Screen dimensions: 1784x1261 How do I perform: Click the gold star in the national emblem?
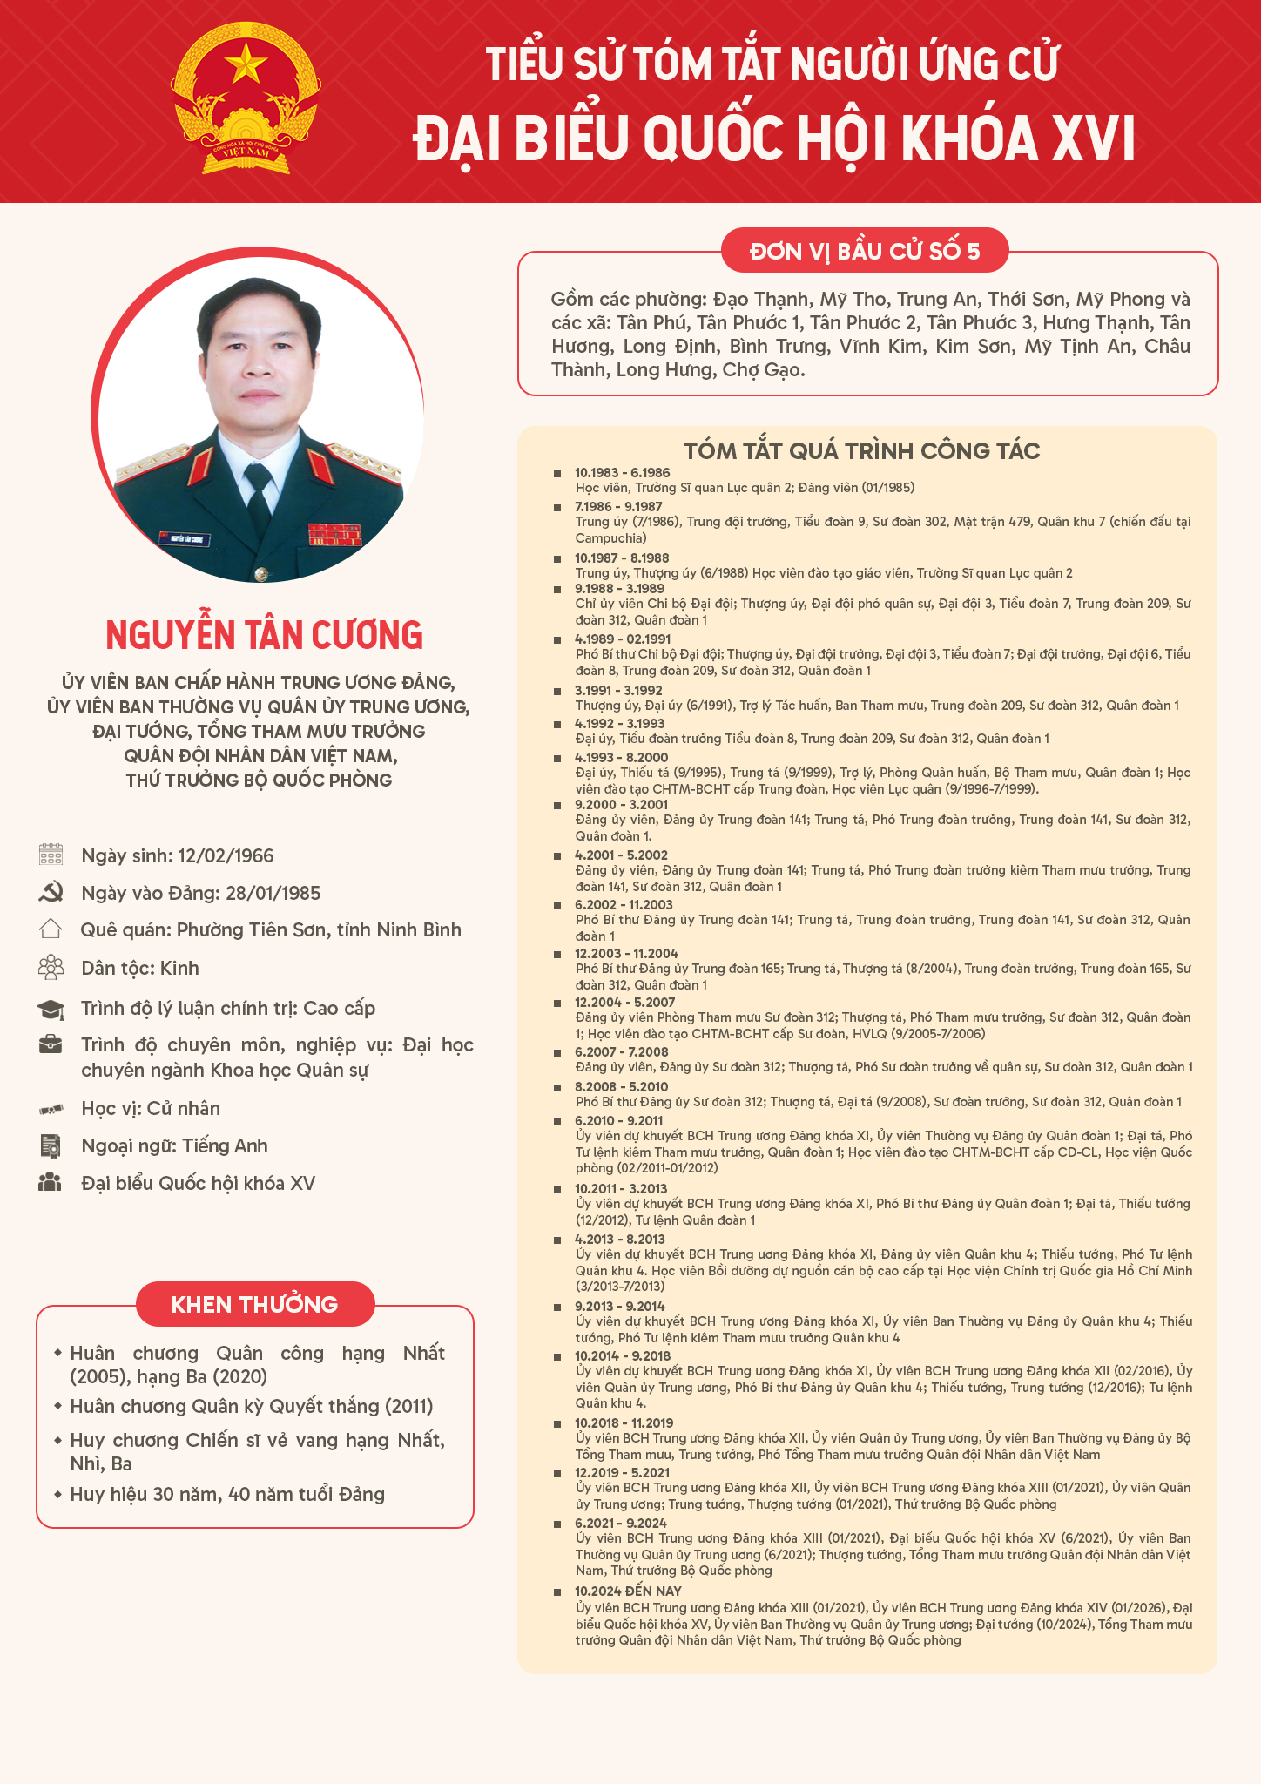(x=246, y=63)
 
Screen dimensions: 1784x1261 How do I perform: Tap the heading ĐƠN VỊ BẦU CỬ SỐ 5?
(x=865, y=252)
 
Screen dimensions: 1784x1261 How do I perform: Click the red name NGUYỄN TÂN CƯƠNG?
(x=264, y=635)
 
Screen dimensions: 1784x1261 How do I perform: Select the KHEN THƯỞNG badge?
(x=254, y=1304)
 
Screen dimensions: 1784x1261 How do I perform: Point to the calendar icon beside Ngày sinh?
(x=51, y=855)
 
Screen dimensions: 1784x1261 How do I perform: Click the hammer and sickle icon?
(x=51, y=892)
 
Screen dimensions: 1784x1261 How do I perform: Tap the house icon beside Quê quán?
(x=51, y=929)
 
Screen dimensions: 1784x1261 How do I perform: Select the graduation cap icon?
(x=51, y=1009)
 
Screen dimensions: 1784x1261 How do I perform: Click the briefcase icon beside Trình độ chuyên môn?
(x=51, y=1044)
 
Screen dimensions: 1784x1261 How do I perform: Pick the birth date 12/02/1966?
(x=226, y=855)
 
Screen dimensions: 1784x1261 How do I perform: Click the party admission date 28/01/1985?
(x=273, y=893)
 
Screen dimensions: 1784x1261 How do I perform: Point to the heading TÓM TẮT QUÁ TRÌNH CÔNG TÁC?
(x=861, y=450)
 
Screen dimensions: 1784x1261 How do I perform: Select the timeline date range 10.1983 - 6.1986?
(x=622, y=473)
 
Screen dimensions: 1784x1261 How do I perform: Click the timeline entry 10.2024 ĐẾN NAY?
(x=628, y=1591)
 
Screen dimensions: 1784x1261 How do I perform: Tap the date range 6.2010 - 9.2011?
(x=618, y=1121)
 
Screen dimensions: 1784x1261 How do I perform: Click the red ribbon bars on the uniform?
(x=334, y=534)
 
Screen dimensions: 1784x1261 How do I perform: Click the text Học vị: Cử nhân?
(x=151, y=1108)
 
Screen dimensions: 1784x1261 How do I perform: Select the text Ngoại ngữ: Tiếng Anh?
(x=174, y=1145)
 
